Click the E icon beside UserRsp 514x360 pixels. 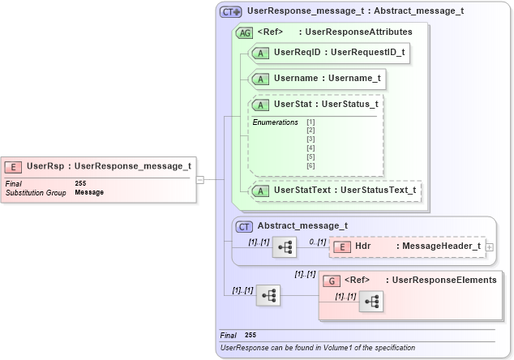click(13, 167)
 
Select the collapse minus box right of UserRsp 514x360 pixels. click(200, 179)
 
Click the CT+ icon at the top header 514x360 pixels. click(231, 12)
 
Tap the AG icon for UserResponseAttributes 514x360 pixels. click(243, 32)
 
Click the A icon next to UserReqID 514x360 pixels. click(261, 52)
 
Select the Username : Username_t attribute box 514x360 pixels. click(317, 79)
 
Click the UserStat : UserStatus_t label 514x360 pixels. click(326, 105)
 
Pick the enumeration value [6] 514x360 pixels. click(311, 165)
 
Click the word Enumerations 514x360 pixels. click(275, 122)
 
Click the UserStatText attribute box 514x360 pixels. click(336, 191)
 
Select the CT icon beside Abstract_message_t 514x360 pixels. click(244, 227)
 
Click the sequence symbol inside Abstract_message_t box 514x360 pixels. click(285, 246)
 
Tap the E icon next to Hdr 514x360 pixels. click(341, 246)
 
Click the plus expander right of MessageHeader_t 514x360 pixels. click(489, 246)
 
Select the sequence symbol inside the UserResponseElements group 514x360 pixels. click(371, 301)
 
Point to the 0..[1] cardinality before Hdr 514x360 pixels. click(318, 242)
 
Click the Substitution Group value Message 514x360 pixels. click(89, 192)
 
